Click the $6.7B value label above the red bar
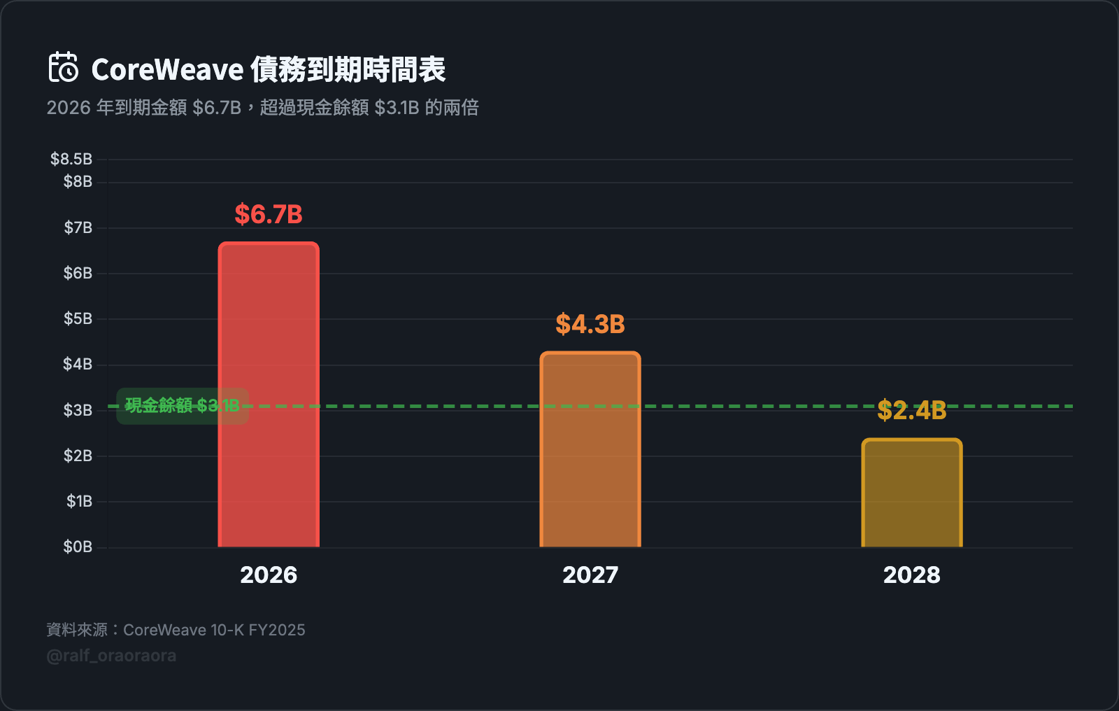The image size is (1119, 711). [269, 214]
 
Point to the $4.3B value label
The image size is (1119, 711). [590, 324]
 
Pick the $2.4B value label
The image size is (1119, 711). [912, 410]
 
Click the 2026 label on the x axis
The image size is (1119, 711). [269, 575]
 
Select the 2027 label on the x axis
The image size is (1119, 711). [590, 575]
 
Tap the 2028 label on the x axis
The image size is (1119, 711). [912, 575]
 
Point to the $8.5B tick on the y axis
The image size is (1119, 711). [71, 159]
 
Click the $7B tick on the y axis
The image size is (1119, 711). [78, 227]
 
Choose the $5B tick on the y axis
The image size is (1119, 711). [78, 318]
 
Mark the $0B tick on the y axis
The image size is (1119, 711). [78, 547]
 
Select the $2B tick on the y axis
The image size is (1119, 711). [78, 456]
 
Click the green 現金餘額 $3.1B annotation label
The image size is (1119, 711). [182, 405]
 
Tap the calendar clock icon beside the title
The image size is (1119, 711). [64, 67]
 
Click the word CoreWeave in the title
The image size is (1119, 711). [167, 69]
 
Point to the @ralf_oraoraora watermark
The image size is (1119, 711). [111, 656]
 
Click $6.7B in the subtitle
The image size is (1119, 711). [217, 108]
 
